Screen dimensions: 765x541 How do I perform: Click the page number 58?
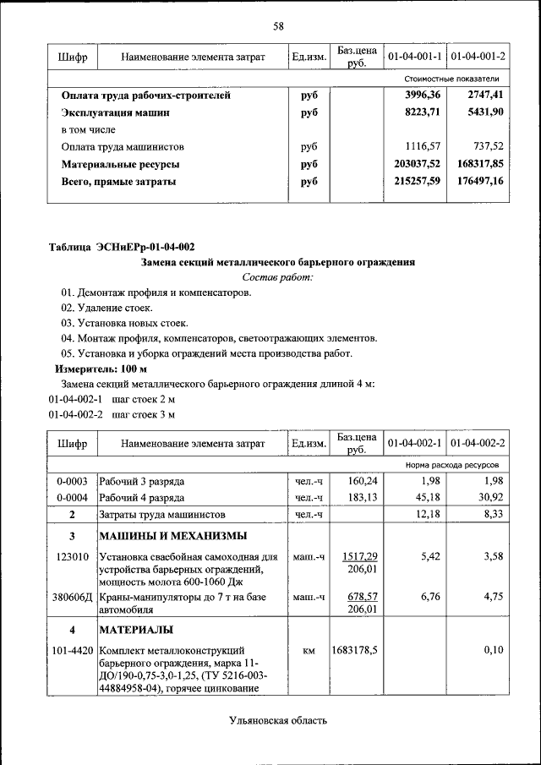[277, 26]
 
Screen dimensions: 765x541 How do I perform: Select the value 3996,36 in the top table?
[423, 96]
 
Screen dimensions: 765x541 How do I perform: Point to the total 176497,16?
[473, 181]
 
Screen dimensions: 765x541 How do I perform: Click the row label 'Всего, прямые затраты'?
[119, 181]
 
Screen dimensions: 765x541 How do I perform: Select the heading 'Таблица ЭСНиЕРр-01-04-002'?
[122, 248]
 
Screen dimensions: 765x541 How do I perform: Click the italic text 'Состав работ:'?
[277, 277]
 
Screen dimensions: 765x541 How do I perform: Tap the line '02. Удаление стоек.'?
[107, 309]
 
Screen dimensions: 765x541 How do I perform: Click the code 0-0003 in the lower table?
[72, 481]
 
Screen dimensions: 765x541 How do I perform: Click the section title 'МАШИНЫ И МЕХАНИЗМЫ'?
[173, 536]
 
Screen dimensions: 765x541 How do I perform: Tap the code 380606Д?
[73, 597]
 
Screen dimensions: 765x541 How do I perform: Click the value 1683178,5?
[354, 650]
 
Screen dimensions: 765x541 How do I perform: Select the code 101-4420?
[72, 650]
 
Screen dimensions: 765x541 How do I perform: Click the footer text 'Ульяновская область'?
[277, 720]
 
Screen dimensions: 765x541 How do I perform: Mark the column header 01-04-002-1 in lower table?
[415, 443]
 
